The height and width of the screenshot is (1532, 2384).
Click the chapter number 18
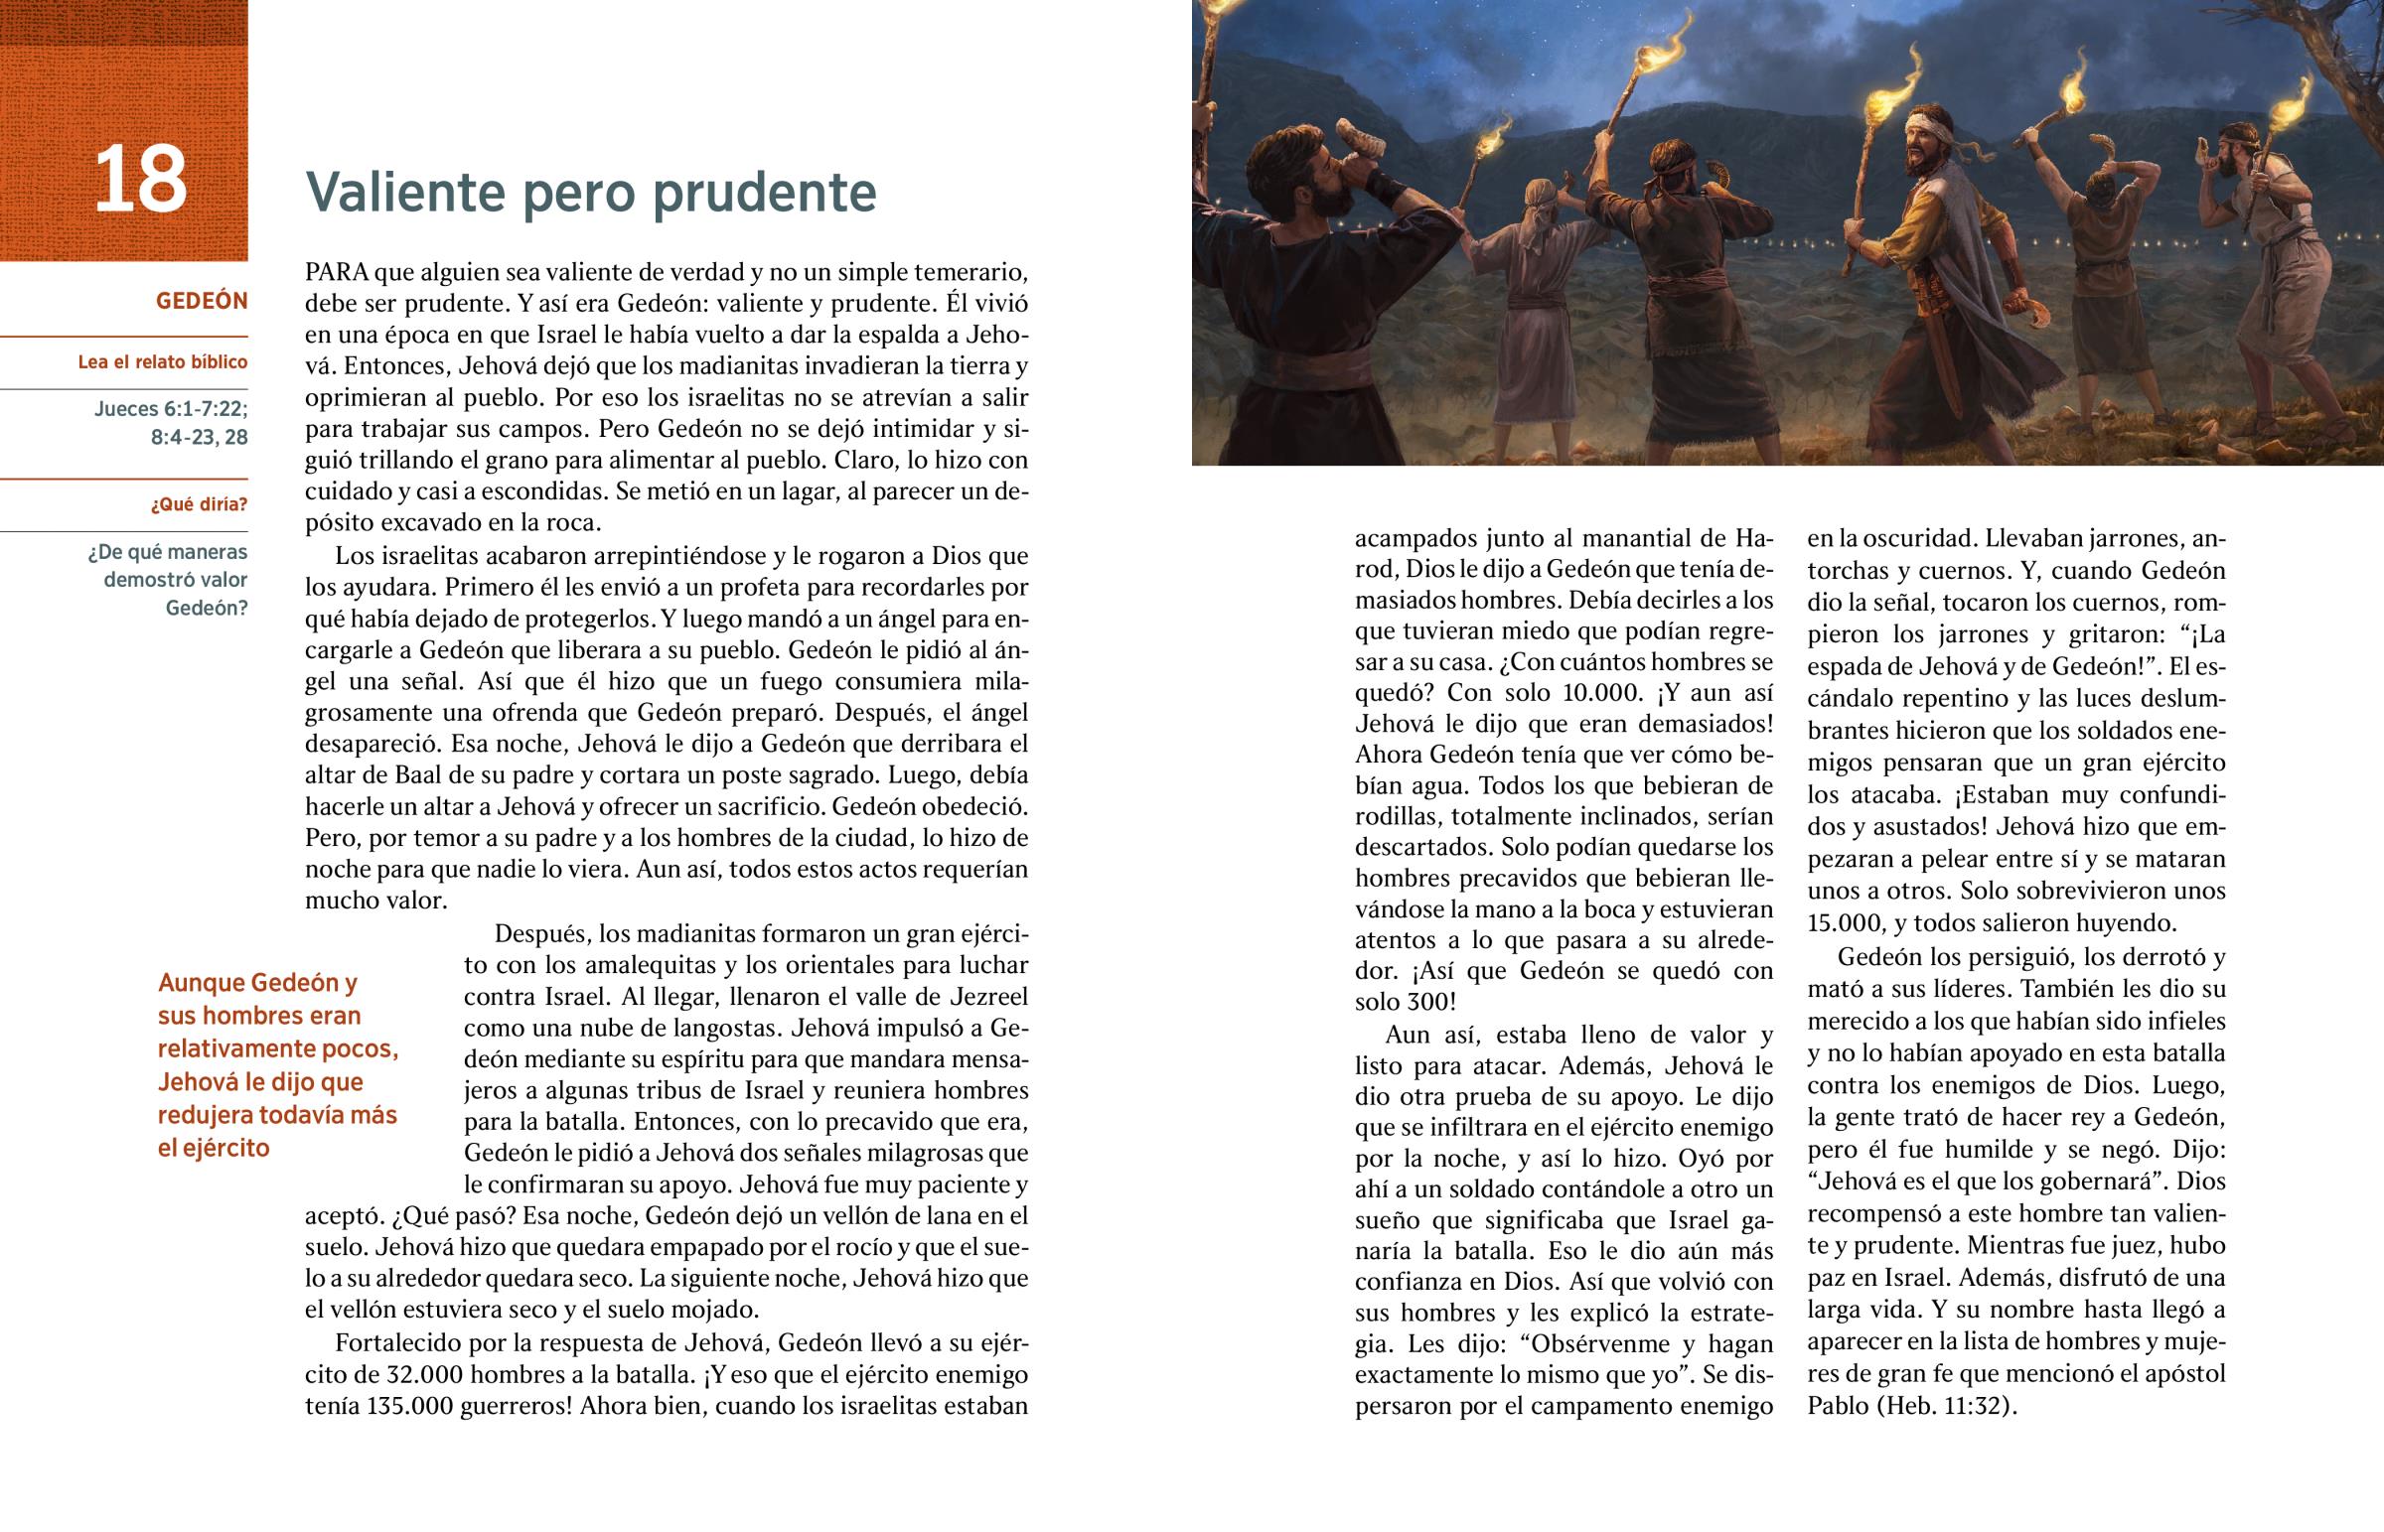coord(140,179)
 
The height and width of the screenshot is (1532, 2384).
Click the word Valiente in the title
coord(405,192)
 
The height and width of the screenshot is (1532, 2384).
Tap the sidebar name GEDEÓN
coord(201,301)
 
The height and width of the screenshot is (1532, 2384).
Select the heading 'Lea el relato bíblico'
coord(162,362)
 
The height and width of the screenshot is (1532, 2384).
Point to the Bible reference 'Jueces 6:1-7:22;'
coord(171,408)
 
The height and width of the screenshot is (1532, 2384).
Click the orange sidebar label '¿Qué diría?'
coord(199,504)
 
